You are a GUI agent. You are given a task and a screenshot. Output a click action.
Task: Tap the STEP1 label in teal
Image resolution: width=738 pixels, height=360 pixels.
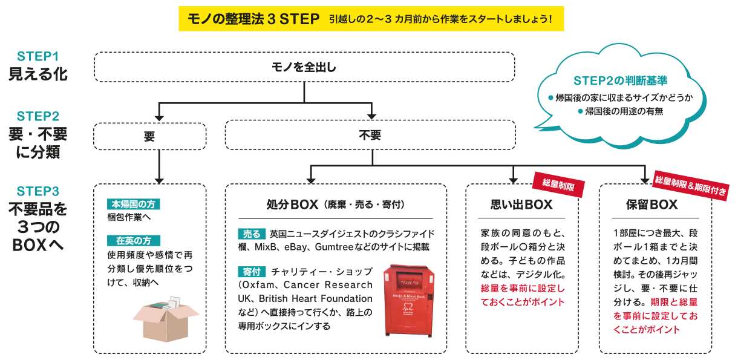click(38, 57)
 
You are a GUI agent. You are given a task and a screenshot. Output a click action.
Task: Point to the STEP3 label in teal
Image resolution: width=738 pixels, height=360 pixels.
click(38, 192)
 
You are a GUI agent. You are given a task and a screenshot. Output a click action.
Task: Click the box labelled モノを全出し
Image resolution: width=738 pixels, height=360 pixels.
click(304, 67)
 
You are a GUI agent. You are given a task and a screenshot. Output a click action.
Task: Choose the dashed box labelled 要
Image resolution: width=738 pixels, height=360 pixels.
click(149, 136)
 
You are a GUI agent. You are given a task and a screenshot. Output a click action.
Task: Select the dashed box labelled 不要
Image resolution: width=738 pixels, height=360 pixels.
click(370, 135)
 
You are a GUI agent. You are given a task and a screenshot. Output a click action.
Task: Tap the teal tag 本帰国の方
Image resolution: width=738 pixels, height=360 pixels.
click(133, 204)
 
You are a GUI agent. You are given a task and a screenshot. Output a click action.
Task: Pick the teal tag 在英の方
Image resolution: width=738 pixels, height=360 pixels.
click(129, 240)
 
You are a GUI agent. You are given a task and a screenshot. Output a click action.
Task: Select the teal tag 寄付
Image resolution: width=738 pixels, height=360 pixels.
click(251, 271)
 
